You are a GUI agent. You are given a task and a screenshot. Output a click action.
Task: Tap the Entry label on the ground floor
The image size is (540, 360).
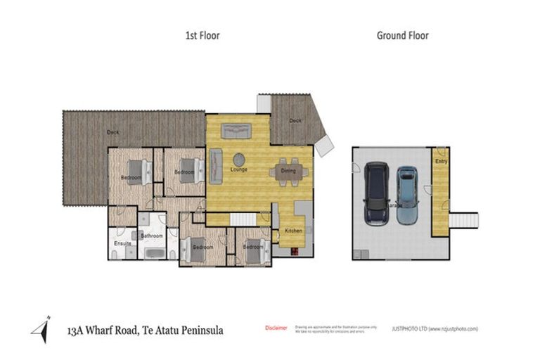[x=440, y=162]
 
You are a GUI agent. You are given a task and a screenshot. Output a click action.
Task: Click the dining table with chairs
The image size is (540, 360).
[x=288, y=173]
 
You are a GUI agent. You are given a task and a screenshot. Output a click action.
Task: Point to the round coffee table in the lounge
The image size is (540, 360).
[x=239, y=159]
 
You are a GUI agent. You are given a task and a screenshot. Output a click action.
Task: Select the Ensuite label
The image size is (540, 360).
[x=122, y=244]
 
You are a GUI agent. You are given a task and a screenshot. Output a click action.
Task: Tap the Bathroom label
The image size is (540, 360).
[x=152, y=236]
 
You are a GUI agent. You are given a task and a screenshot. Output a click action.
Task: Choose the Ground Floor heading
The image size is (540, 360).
[x=402, y=35]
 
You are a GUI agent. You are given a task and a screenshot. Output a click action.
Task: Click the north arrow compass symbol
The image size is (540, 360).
[x=41, y=329]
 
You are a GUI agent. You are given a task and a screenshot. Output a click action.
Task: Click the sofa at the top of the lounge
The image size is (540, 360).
[x=236, y=131]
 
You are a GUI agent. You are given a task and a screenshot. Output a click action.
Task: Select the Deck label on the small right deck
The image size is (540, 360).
[x=295, y=120]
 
